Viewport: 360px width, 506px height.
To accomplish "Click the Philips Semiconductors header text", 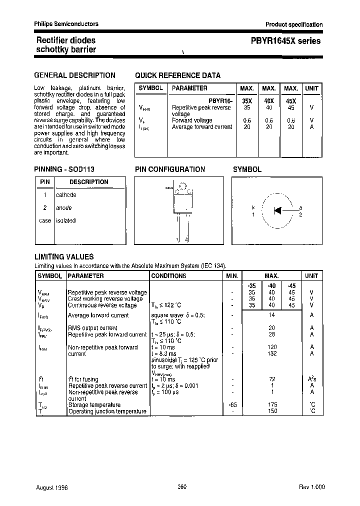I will click(66, 24).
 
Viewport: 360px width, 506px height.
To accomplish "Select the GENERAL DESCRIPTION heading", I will click(74, 75).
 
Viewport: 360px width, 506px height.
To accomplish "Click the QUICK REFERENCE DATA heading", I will click(177, 75).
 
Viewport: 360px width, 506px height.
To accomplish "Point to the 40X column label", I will click(269, 100).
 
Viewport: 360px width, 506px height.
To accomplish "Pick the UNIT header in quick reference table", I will click(311, 88).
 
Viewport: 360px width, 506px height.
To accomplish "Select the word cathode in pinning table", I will click(66, 195).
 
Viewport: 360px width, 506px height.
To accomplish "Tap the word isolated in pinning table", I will click(65, 220).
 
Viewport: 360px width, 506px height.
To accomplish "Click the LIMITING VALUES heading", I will click(63, 257).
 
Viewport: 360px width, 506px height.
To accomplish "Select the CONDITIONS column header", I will click(168, 276).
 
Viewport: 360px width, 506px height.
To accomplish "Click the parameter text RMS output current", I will click(92, 328).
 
